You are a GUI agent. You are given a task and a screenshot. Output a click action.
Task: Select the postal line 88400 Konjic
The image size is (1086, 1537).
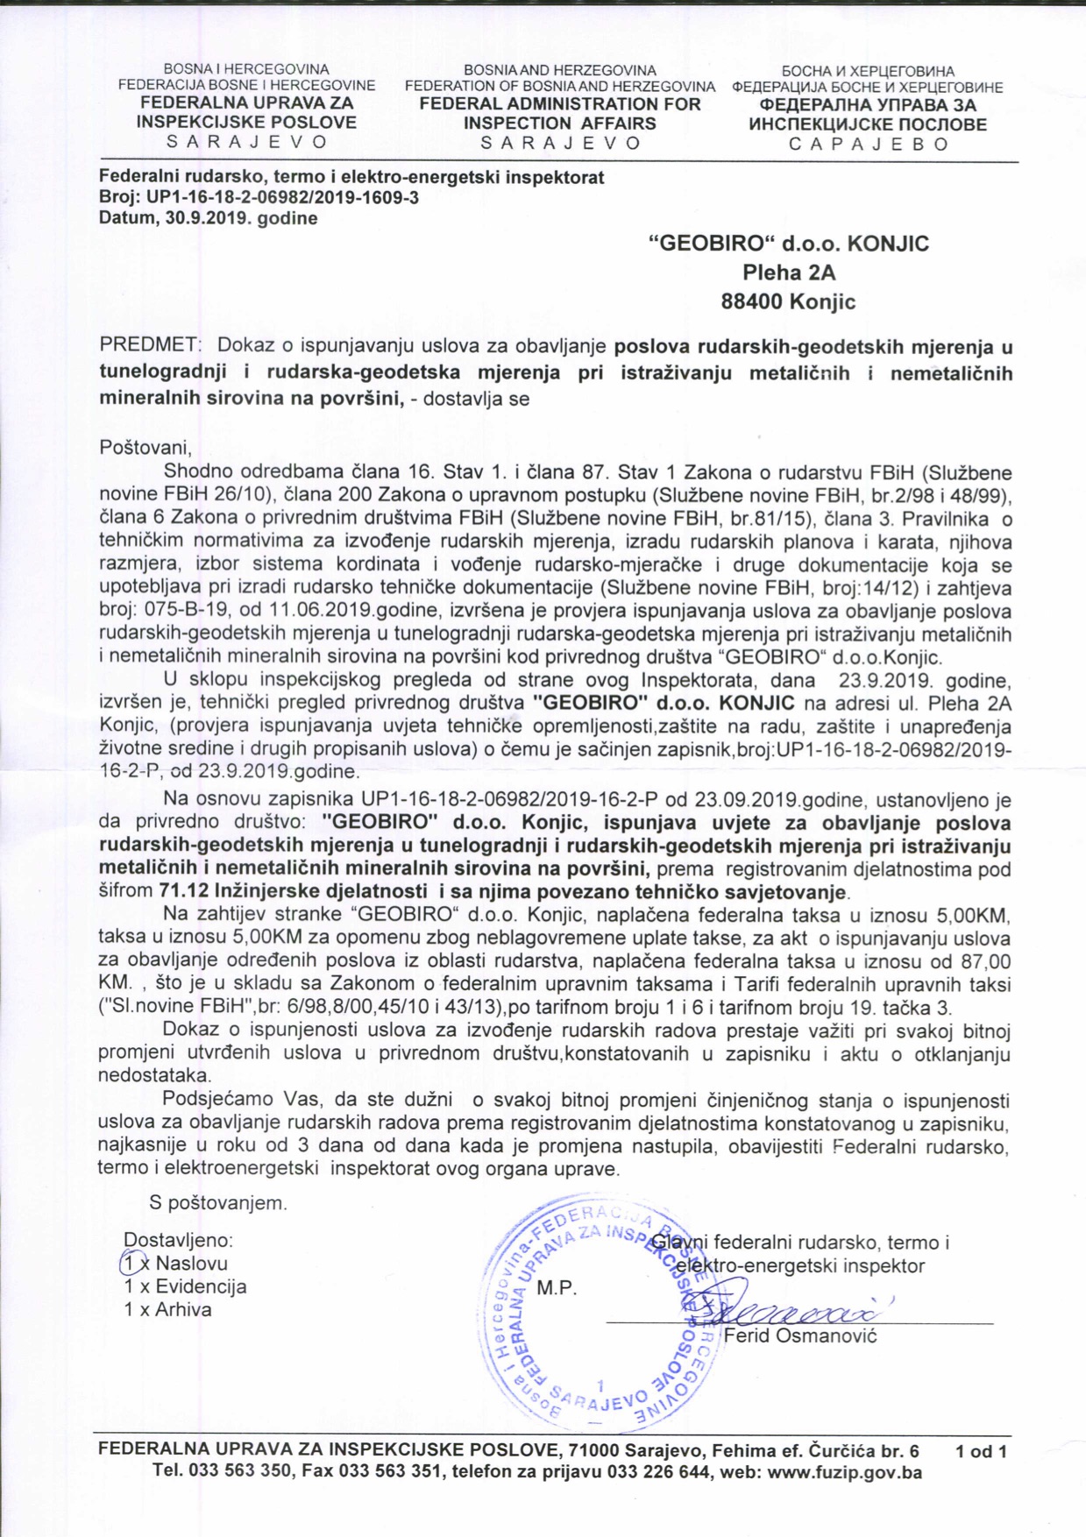[787, 302]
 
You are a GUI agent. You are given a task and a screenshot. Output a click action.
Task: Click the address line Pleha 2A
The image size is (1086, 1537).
[788, 273]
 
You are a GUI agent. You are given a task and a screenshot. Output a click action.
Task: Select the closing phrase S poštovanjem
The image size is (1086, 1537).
[218, 1203]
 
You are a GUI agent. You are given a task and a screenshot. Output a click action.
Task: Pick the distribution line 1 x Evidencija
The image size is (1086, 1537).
[185, 1286]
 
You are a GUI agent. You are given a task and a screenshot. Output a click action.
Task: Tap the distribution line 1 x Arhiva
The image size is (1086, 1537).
[167, 1310]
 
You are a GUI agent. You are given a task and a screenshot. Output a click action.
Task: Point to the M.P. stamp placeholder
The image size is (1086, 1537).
[557, 1289]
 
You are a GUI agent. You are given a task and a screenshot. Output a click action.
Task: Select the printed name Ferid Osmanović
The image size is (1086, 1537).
[799, 1336]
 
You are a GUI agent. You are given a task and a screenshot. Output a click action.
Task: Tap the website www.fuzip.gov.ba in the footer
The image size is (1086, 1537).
[844, 1472]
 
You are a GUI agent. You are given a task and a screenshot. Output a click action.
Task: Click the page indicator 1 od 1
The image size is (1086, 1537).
[981, 1452]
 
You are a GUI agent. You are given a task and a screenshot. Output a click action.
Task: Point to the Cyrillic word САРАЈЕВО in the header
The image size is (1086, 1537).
[868, 145]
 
